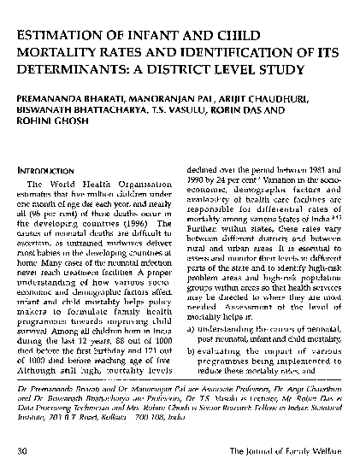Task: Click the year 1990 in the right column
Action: click(198, 183)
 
